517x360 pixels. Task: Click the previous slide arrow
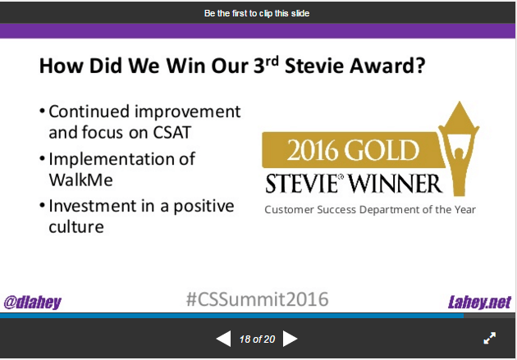[223, 339]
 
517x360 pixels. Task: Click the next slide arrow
[290, 339]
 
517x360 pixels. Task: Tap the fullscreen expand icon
[489, 338]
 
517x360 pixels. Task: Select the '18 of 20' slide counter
[257, 339]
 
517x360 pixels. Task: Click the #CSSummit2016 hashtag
[257, 299]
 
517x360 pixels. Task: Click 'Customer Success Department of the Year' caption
[369, 210]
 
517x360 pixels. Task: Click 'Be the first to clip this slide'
[257, 13]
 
